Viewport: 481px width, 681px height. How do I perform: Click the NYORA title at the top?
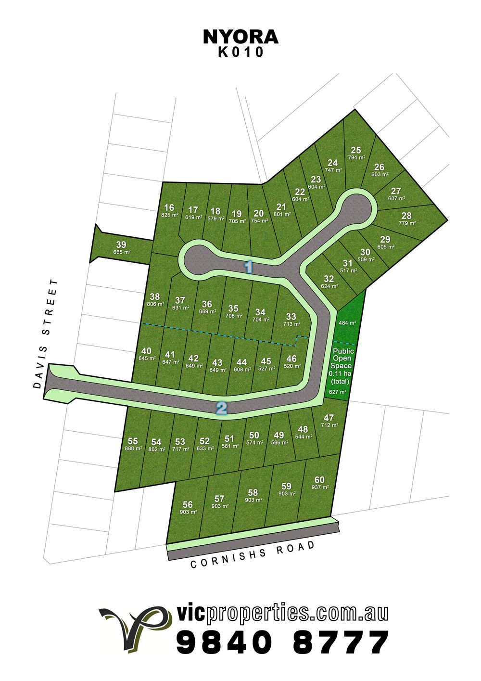(240, 37)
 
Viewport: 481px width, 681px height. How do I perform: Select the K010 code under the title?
(241, 52)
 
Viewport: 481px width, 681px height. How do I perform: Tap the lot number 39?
(121, 244)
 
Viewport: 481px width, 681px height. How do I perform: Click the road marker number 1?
(249, 266)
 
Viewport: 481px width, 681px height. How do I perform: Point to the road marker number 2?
(222, 408)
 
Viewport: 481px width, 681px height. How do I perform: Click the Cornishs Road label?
(253, 554)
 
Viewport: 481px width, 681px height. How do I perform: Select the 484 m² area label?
(347, 323)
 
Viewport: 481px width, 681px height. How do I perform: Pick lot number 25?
(356, 150)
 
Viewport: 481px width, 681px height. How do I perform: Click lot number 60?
(319, 480)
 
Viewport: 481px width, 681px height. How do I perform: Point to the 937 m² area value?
(320, 487)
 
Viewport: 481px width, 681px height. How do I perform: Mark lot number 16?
(169, 208)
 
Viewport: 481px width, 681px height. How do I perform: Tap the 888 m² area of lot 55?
(133, 448)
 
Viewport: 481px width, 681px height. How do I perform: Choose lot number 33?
(291, 316)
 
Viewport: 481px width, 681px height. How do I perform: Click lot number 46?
(291, 359)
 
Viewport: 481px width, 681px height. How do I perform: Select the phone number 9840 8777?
(282, 642)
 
